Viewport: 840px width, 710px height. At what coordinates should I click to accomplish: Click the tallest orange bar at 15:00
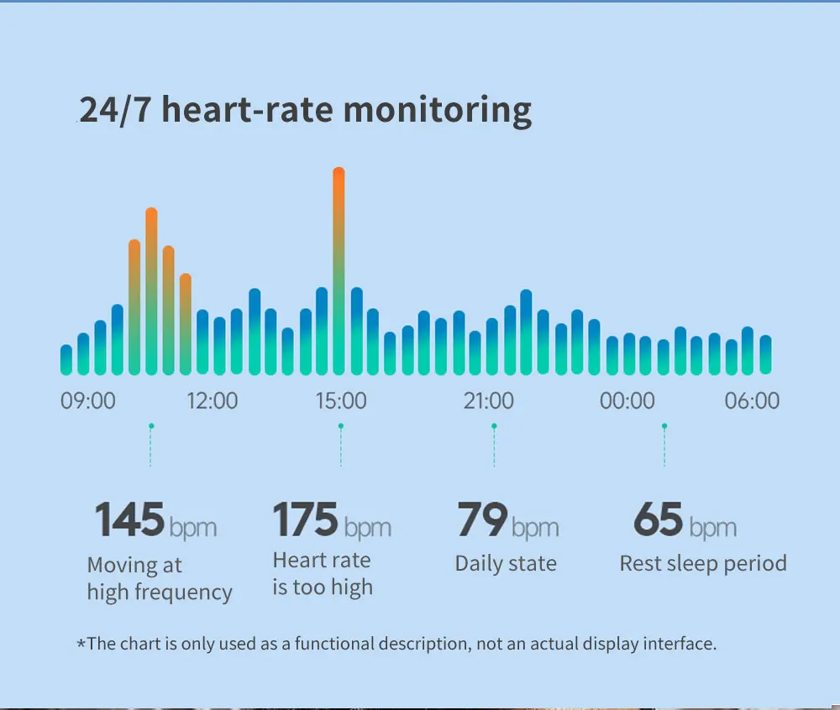[x=339, y=269]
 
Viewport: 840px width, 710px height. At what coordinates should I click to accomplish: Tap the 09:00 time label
[x=88, y=400]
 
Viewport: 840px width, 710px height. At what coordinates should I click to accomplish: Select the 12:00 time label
[x=212, y=400]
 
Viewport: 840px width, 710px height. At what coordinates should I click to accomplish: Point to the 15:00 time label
[x=341, y=400]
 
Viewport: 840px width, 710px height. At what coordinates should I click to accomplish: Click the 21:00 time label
[x=489, y=400]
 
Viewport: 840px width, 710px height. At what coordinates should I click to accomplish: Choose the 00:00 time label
[x=627, y=400]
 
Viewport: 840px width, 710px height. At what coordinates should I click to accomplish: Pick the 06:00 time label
[x=752, y=400]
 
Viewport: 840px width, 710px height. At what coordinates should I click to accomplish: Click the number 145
[x=129, y=519]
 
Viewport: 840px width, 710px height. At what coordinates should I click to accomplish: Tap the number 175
[x=306, y=519]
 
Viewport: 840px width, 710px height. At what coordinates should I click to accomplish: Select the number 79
[x=482, y=519]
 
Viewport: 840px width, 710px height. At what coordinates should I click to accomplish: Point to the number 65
[x=658, y=519]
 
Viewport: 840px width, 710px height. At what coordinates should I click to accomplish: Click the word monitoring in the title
[x=438, y=111]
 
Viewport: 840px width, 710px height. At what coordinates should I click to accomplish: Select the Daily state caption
[x=506, y=563]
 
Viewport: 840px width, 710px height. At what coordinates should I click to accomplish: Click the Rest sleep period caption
[x=703, y=563]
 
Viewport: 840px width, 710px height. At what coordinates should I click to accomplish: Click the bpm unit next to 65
[x=712, y=528]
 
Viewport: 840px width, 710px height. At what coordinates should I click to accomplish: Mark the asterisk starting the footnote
[x=81, y=645]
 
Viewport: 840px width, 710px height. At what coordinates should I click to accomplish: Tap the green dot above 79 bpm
[x=494, y=426]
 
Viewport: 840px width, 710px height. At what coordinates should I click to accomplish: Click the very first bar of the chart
[x=66, y=360]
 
